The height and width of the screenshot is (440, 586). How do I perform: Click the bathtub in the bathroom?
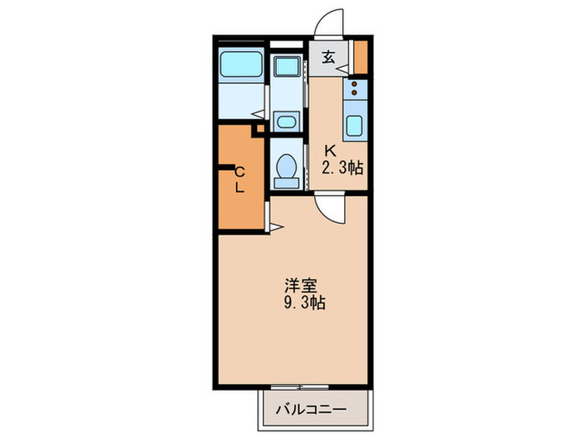pyautogui.click(x=240, y=65)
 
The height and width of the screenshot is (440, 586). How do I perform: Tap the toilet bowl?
pyautogui.click(x=287, y=167)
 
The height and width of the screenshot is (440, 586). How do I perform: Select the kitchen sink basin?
pyautogui.click(x=354, y=126)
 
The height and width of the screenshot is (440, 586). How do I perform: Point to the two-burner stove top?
pyautogui.click(x=355, y=89)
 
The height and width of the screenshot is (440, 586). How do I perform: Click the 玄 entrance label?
pyautogui.click(x=329, y=58)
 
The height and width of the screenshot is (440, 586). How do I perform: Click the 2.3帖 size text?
pyautogui.click(x=343, y=168)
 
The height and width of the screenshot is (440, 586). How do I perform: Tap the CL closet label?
pyautogui.click(x=239, y=179)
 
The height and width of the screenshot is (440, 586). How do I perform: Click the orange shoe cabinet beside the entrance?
pyautogui.click(x=361, y=55)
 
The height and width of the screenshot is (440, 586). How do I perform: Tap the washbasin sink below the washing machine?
pyautogui.click(x=287, y=121)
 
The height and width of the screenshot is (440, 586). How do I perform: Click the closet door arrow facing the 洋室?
pyautogui.click(x=275, y=225)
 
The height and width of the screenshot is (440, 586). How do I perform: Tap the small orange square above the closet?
pyautogui.click(x=259, y=129)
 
